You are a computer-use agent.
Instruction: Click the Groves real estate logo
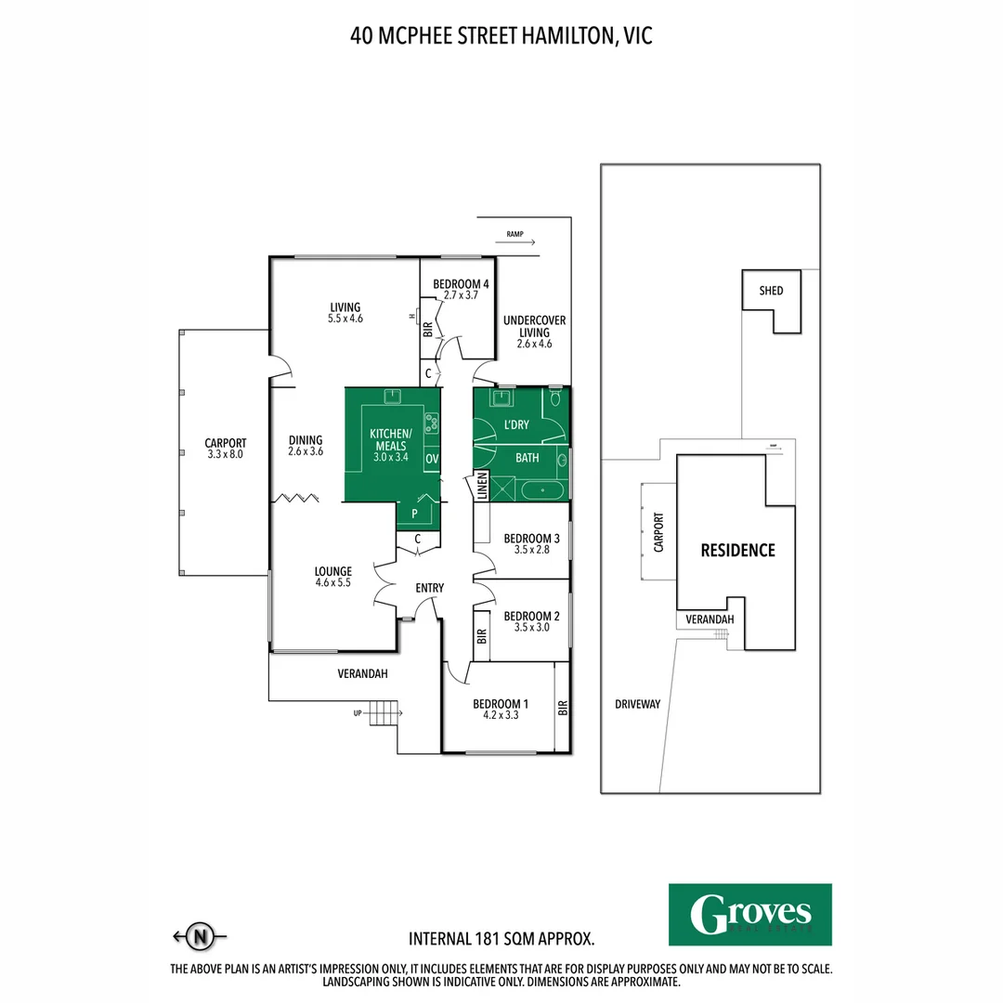point(749,914)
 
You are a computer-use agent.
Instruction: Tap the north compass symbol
point(199,937)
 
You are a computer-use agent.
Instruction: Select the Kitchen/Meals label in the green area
point(388,440)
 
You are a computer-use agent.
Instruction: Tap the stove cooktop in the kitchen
point(431,423)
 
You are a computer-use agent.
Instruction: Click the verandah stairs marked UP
point(383,714)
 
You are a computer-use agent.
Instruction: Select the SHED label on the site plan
point(771,291)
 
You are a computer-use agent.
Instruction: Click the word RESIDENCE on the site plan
point(737,550)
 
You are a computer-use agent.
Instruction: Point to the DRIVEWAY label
point(637,704)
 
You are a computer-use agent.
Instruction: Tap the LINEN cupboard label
point(482,486)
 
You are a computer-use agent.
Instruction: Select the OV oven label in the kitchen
point(431,459)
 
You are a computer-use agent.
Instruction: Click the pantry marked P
point(413,513)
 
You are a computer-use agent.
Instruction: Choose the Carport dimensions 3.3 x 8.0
point(225,454)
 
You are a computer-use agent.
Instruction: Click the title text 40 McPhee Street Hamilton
point(501,35)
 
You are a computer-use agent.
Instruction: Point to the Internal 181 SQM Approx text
point(501,938)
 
